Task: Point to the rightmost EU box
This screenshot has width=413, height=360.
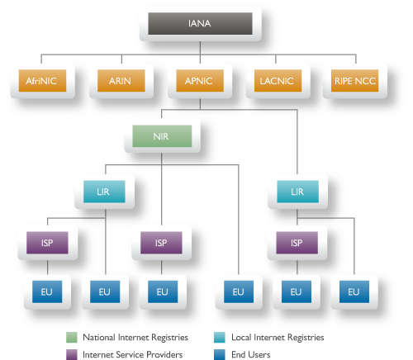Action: click(x=354, y=291)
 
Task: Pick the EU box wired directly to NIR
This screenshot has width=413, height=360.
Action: click(x=238, y=291)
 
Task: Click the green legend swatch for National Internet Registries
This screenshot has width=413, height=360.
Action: click(x=72, y=337)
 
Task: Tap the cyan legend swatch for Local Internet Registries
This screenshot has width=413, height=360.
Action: click(x=218, y=337)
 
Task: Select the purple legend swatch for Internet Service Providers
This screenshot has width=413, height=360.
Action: click(x=72, y=353)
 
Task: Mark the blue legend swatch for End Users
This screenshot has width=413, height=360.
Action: click(x=218, y=353)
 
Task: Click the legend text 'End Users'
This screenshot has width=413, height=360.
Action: click(x=247, y=353)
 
